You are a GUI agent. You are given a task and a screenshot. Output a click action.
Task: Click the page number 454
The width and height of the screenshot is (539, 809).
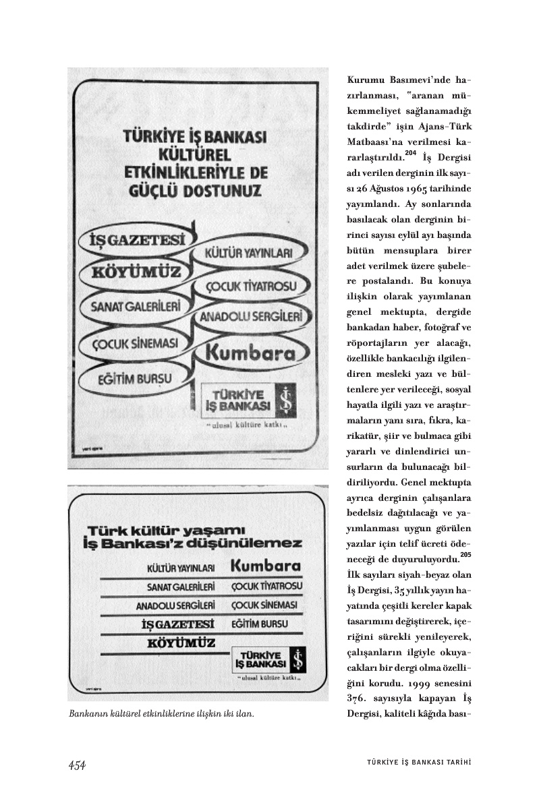(x=77, y=765)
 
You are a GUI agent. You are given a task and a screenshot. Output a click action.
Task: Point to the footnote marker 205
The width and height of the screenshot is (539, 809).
(x=465, y=555)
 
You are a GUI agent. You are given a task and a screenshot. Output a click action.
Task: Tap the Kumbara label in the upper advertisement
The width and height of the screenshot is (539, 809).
(x=250, y=353)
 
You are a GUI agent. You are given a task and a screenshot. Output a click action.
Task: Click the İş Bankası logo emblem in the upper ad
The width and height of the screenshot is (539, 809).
(x=287, y=400)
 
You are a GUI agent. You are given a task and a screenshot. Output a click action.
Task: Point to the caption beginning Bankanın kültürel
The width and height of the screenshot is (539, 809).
(x=161, y=714)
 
